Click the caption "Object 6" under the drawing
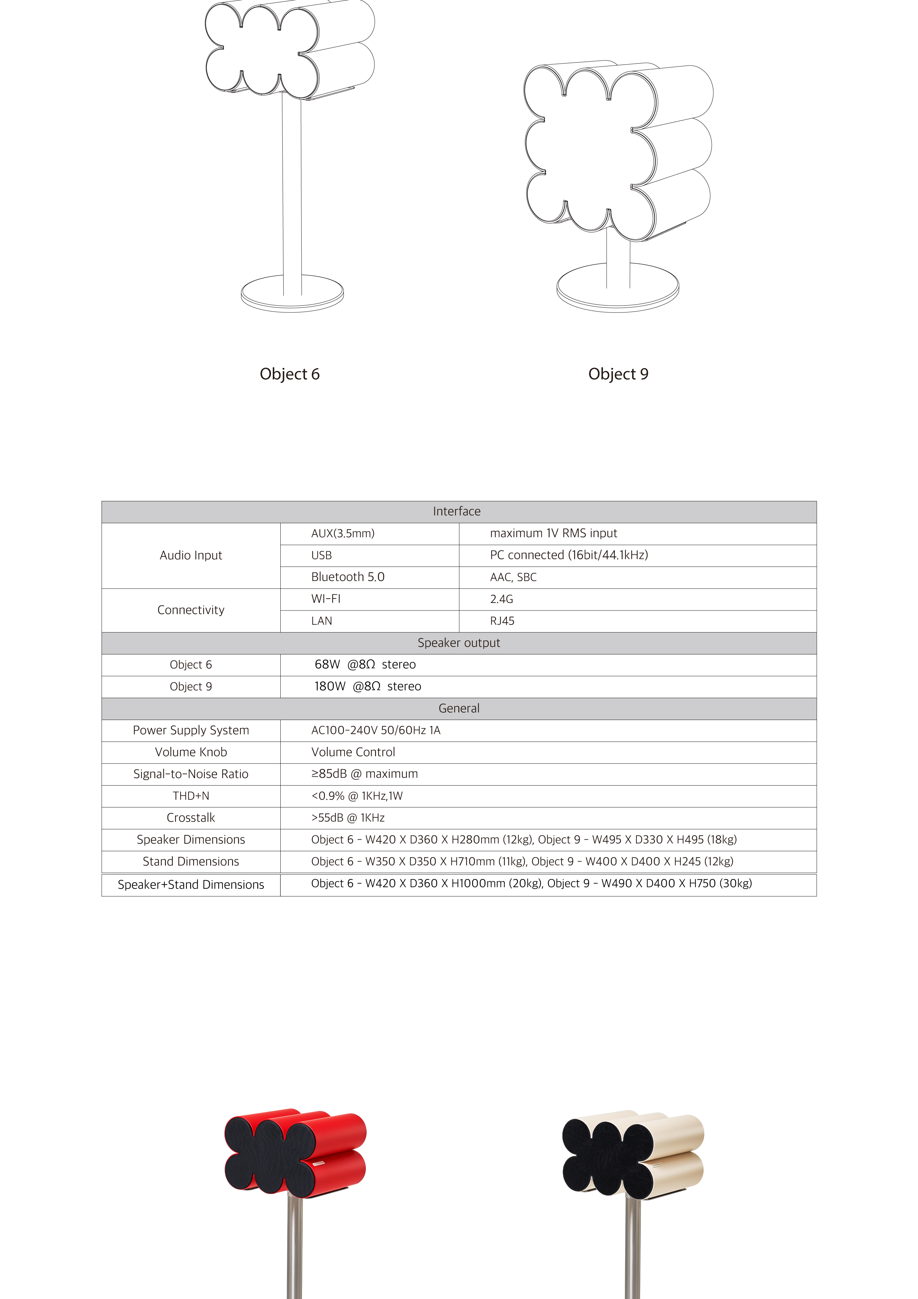pos(289,374)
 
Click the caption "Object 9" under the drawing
pos(618,374)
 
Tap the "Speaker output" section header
pos(459,643)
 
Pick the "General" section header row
pos(459,708)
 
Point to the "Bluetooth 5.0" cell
pos(348,577)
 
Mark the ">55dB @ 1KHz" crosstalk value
pos(348,818)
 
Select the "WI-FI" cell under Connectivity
pos(326,599)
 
